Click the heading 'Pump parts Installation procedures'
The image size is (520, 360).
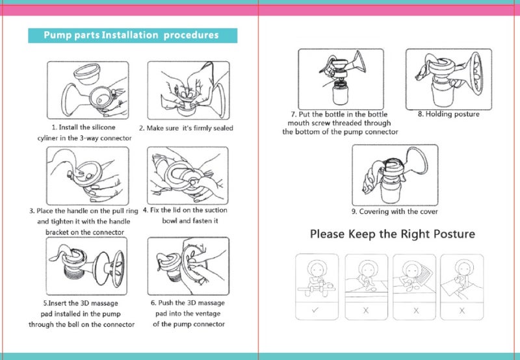pyautogui.click(x=131, y=35)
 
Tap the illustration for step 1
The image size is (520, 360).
pyautogui.click(x=88, y=90)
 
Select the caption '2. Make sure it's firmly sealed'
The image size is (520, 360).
pyautogui.click(x=186, y=128)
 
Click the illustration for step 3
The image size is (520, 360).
pyautogui.click(x=88, y=175)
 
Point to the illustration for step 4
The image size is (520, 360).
pyautogui.click(x=188, y=175)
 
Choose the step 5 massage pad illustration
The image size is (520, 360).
pyautogui.click(x=86, y=266)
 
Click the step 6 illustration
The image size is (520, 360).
pyautogui.click(x=188, y=266)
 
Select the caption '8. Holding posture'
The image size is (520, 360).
pyautogui.click(x=448, y=114)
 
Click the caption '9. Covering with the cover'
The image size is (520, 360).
pyautogui.click(x=395, y=211)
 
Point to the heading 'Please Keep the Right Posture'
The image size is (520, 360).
pyautogui.click(x=393, y=234)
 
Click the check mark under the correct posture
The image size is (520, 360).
pyautogui.click(x=315, y=310)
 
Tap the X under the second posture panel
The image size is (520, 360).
pyautogui.click(x=366, y=311)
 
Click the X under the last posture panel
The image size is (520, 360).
pyautogui.click(x=462, y=311)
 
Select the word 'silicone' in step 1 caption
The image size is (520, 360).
pyautogui.click(x=103, y=127)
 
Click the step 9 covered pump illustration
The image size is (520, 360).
pyautogui.click(x=395, y=175)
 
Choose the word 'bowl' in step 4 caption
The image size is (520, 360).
pyautogui.click(x=169, y=221)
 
